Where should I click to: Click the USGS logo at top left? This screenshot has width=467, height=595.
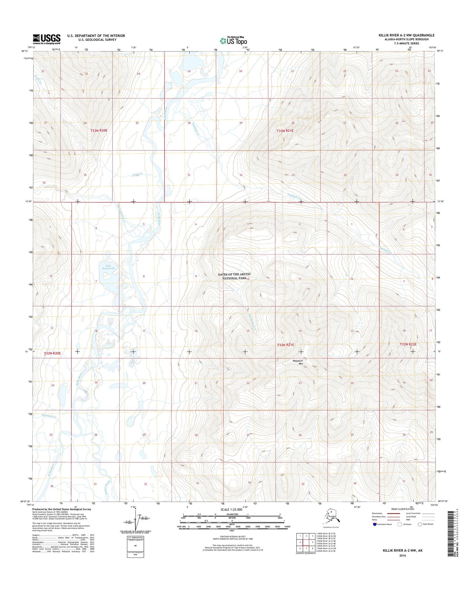[47, 39]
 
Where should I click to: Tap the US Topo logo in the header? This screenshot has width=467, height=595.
[233, 40]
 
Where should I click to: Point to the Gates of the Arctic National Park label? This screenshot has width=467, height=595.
[234, 276]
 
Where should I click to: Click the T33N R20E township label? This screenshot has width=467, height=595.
[99, 131]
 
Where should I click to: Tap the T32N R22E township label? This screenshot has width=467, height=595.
[408, 344]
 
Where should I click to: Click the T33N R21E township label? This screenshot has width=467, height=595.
[285, 131]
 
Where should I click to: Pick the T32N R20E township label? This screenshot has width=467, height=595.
[52, 353]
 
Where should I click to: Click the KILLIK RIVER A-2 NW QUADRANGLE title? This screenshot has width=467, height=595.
[407, 35]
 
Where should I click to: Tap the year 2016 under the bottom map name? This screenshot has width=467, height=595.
[402, 556]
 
